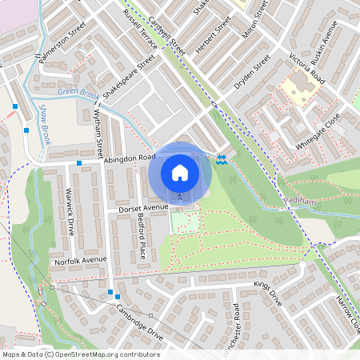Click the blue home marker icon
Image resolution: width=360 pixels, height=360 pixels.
click(x=180, y=172)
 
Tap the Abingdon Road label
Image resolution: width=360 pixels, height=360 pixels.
click(x=129, y=159)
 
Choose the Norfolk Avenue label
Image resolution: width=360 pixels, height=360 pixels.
click(x=80, y=261)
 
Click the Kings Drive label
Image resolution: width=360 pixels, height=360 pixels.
click(x=268, y=294)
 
